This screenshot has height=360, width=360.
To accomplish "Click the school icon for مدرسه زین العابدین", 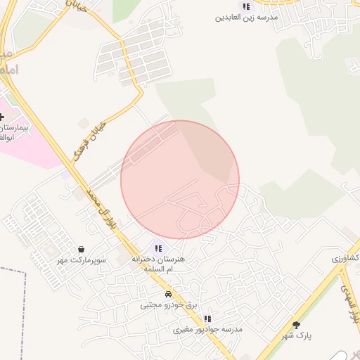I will point(246,6).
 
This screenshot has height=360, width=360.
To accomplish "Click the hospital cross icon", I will point(1,116).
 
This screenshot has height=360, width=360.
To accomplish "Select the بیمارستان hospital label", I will point(14,132).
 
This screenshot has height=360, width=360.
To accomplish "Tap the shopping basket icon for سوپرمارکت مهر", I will point(82,249).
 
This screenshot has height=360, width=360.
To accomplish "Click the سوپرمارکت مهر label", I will point(82,259).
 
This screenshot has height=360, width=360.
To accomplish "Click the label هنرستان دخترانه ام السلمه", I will point(158,264).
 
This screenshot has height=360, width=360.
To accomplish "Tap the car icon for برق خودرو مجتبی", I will point(168,294).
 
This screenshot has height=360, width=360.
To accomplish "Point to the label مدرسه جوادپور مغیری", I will point(208,329).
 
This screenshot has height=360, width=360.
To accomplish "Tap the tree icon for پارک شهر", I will point(296,325).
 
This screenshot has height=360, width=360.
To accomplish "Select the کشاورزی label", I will point(345,259).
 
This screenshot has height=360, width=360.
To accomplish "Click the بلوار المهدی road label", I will point(349,302).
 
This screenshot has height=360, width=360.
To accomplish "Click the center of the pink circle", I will point(180,179).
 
